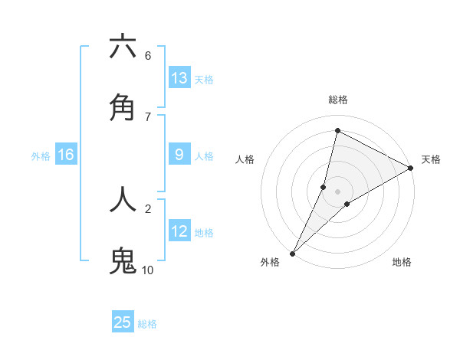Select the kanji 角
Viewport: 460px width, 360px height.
pos(123,109)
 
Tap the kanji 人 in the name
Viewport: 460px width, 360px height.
pos(123,198)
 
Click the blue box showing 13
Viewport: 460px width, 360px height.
pos(179,78)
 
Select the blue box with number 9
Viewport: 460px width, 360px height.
pos(179,155)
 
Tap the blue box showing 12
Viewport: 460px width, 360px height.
pos(179,231)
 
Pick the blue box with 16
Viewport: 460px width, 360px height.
pos(66,155)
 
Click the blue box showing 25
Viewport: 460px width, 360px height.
pos(123,322)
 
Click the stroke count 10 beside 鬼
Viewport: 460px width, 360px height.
pos(147,270)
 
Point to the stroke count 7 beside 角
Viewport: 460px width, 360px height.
pos(147,117)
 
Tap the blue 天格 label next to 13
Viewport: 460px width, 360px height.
pos(203,80)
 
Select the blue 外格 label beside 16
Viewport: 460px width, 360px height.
pos(41,156)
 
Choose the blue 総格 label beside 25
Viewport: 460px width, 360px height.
pos(147,324)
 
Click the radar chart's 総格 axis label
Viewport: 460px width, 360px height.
pos(337,100)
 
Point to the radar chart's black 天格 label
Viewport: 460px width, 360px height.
pos(431,159)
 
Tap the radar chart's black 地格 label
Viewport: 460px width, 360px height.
pos(402,263)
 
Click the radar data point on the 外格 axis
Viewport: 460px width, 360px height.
pos(292,254)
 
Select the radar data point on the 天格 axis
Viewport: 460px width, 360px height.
pos(411,168)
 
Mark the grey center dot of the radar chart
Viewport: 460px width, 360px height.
pos(337,191)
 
